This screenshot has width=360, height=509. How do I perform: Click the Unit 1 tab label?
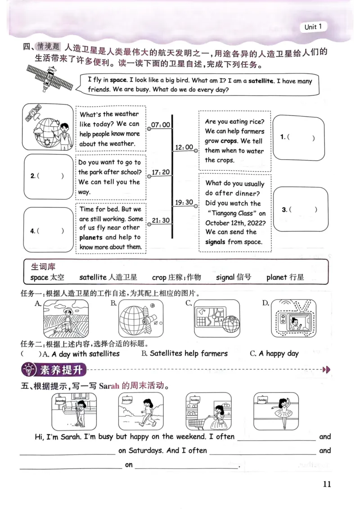click(313, 27)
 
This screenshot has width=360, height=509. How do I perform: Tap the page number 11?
click(327, 484)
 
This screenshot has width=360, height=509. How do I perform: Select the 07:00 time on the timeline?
click(161, 125)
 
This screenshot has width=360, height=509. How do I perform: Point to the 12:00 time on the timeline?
click(184, 147)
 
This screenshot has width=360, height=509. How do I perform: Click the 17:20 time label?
click(161, 172)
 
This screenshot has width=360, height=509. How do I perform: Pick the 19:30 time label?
click(184, 202)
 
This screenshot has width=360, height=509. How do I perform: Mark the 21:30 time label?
click(161, 220)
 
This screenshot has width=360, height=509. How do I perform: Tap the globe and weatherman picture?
click(48, 128)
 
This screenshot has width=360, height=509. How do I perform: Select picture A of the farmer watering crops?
click(66, 319)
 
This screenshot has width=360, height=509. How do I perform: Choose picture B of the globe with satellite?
click(141, 319)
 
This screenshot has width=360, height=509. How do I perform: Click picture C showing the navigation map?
click(216, 319)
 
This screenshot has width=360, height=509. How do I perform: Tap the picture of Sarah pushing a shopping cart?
click(209, 411)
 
